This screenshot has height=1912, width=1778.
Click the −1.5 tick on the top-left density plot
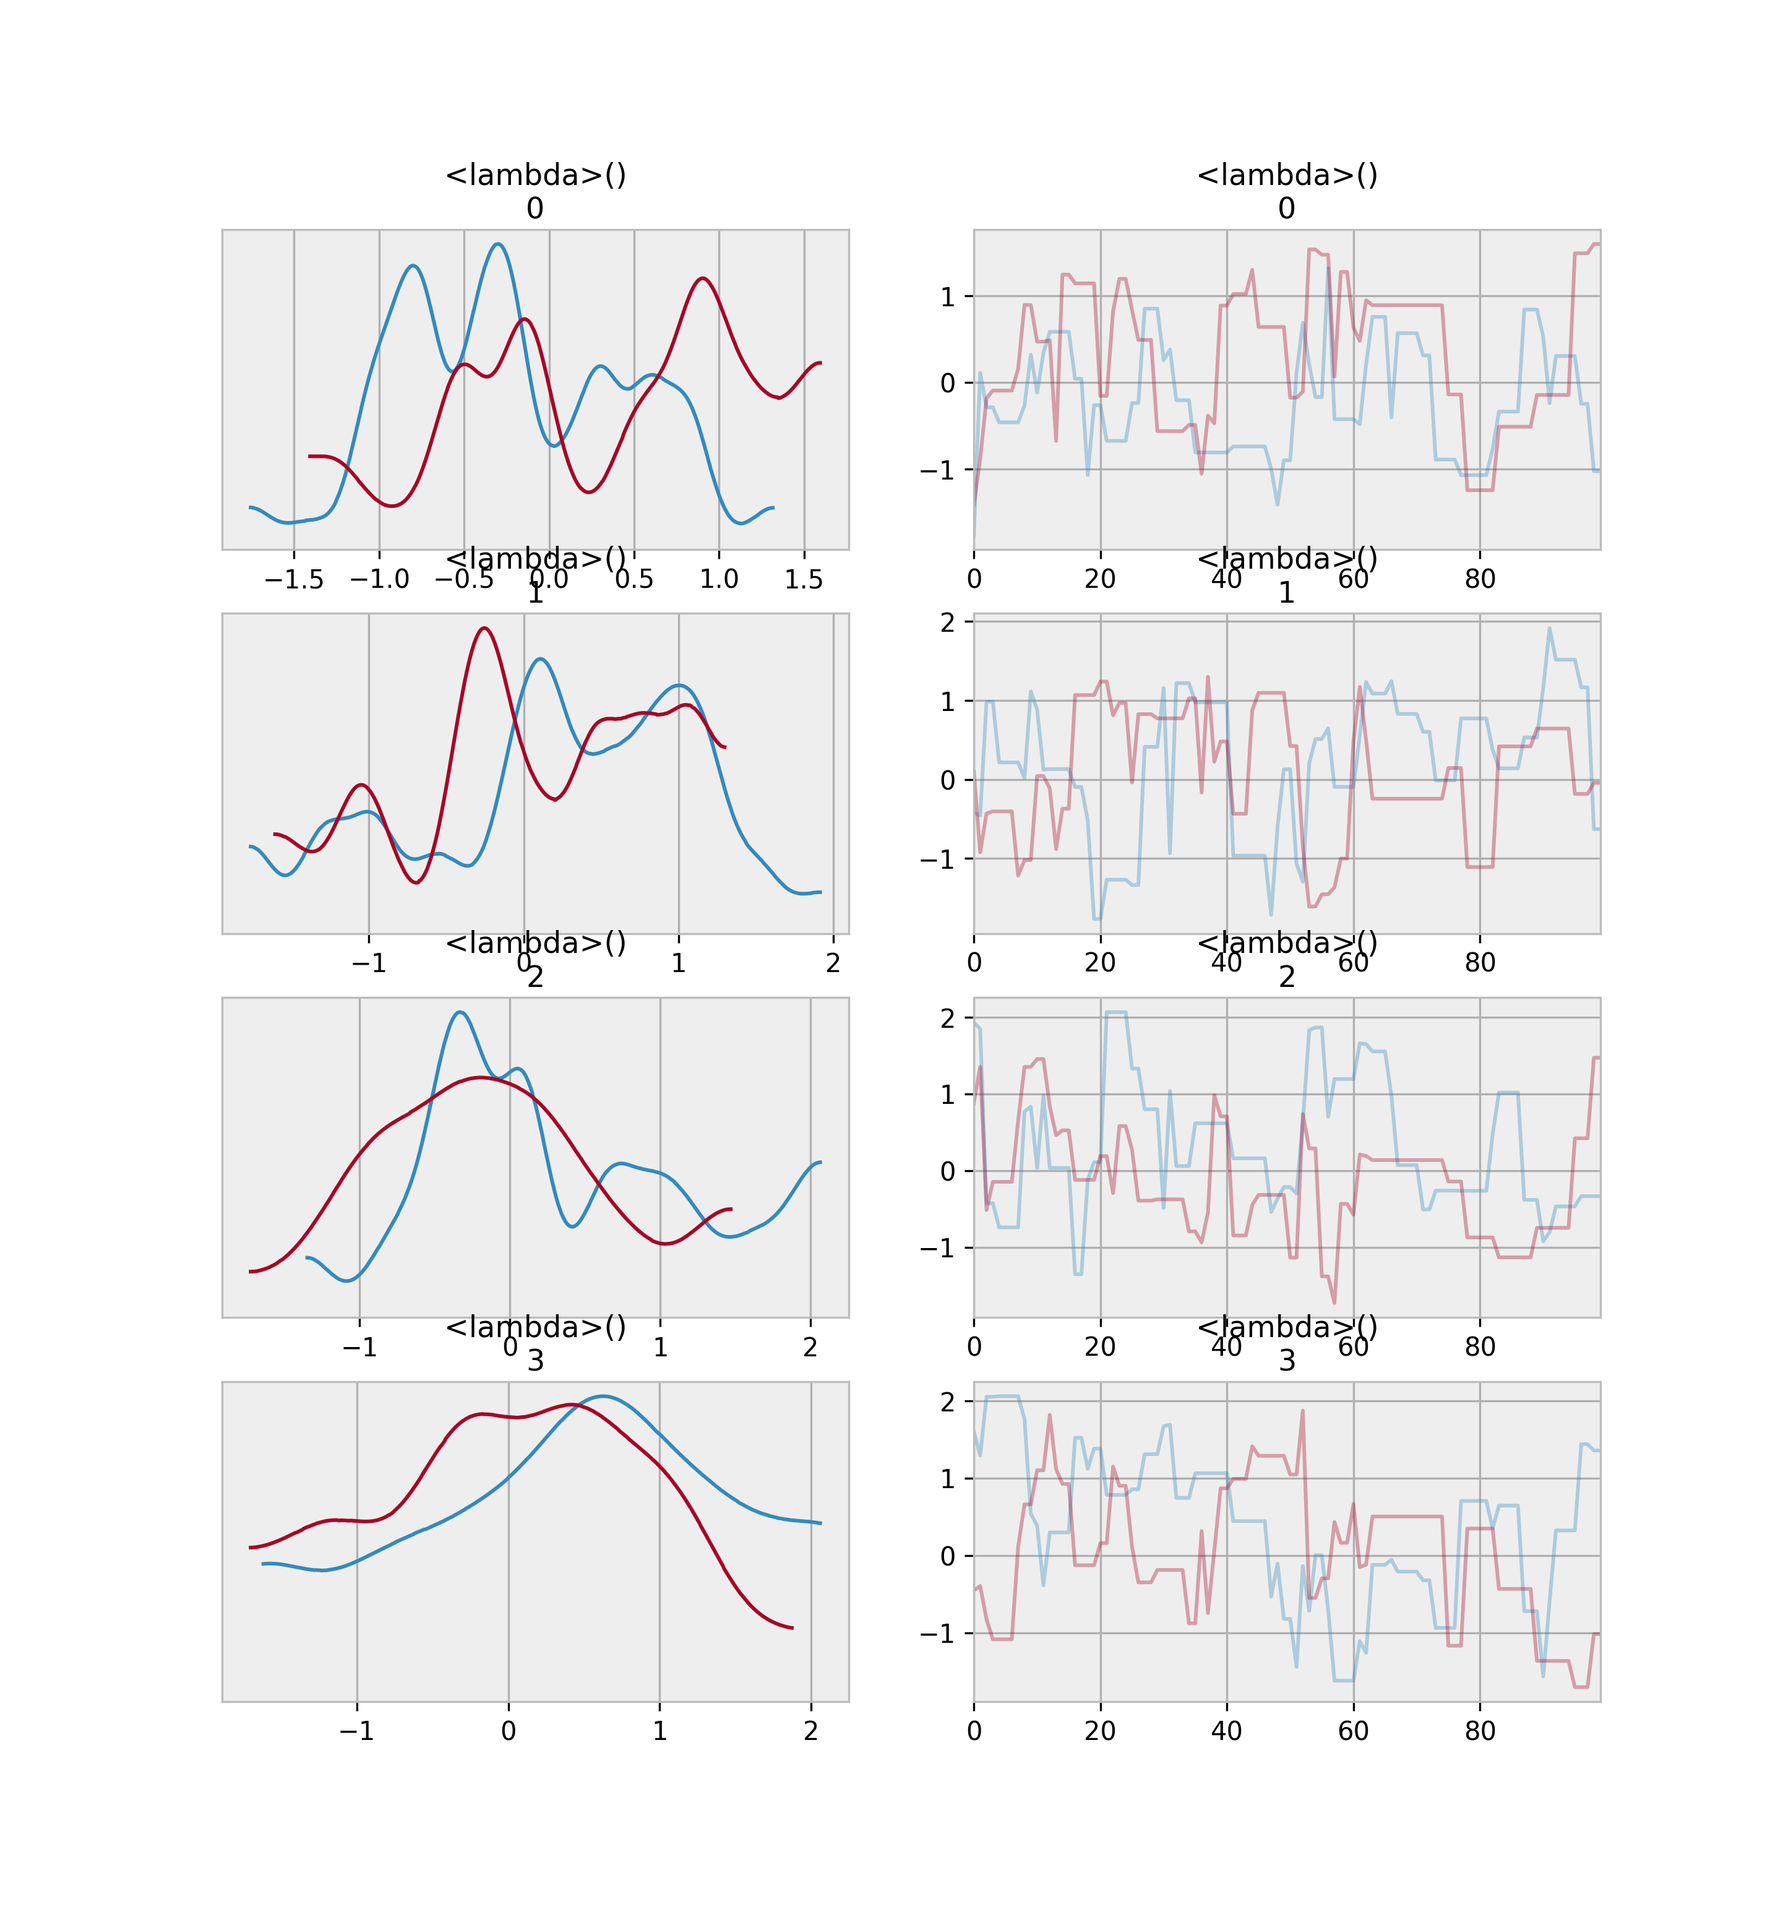point(293,579)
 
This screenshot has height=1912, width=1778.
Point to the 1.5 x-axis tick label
point(804,579)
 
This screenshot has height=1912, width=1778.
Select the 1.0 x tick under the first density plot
point(718,579)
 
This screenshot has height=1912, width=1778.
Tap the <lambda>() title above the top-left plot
point(535,175)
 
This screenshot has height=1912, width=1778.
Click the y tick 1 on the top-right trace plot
point(948,296)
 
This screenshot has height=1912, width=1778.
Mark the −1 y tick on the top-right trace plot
point(940,470)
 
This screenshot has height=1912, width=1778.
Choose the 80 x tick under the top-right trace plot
point(1479,579)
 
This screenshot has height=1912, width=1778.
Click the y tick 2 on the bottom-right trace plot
point(948,1402)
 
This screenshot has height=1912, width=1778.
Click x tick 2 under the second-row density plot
point(833,963)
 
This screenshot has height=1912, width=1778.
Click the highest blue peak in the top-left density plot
point(497,244)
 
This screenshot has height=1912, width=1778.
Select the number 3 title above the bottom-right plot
point(1287,1361)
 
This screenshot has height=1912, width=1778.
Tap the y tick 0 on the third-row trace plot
point(948,1171)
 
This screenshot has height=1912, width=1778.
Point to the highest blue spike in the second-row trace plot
point(1549,628)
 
